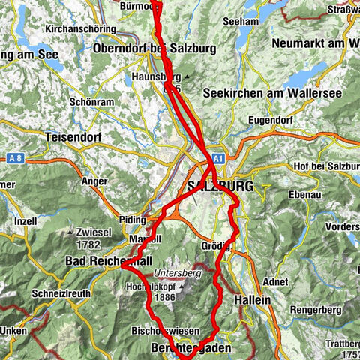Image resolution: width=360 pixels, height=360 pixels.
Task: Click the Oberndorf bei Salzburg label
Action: (x=154, y=49)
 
